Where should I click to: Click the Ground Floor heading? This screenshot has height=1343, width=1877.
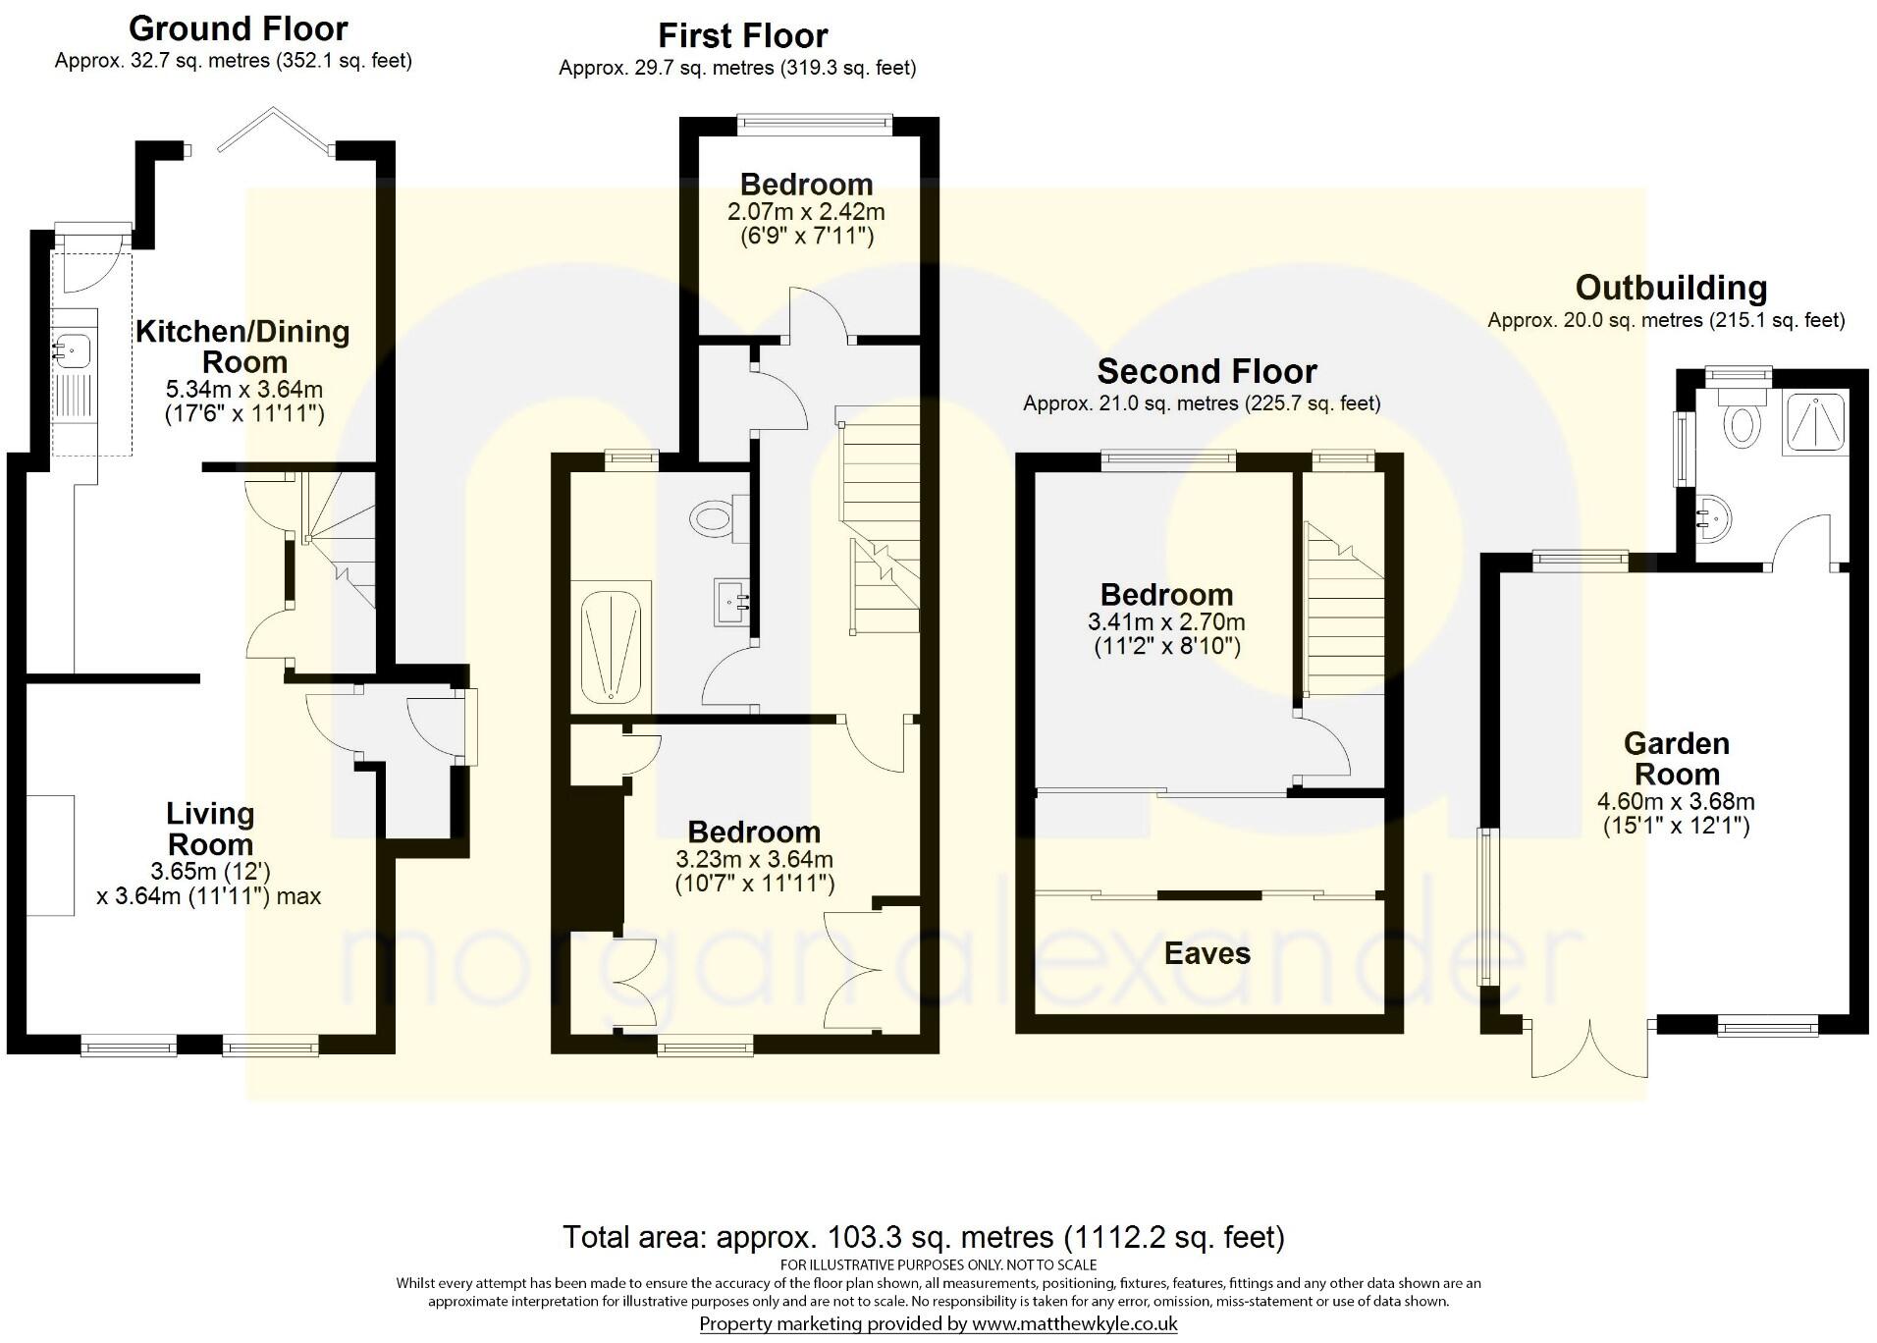pos(238,28)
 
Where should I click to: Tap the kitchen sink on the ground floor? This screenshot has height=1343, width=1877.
pos(75,348)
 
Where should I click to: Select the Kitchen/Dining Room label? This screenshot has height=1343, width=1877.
pos(242,347)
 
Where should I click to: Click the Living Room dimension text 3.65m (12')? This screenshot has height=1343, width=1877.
pos(210,871)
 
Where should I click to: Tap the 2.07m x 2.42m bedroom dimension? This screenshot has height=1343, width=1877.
pos(805,212)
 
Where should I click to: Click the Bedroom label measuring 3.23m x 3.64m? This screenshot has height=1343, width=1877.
pos(753,833)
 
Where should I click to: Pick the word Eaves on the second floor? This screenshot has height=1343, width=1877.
pos(1207,953)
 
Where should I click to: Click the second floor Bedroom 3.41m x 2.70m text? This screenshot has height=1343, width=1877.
pos(1166,621)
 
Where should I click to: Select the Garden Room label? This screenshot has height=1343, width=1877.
pos(1676,758)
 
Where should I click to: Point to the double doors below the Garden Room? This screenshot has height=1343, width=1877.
pos(1589,1049)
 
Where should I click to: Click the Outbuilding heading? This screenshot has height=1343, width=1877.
pos(1671,288)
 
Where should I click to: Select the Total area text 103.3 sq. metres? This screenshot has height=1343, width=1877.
pos(923,1237)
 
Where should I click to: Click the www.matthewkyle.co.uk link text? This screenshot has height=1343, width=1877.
pos(1074,1324)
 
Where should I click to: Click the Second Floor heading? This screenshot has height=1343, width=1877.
pos(1206,372)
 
